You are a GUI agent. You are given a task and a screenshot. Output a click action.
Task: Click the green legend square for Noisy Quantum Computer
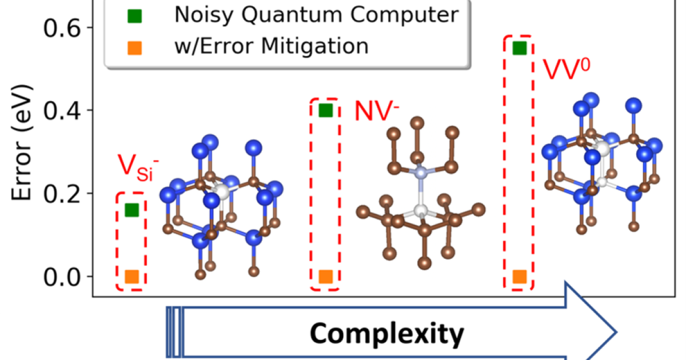coord(137,15)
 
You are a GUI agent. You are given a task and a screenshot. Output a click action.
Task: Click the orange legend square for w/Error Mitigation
coord(137,46)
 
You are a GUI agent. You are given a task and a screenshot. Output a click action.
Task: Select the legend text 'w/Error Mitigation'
coord(272,46)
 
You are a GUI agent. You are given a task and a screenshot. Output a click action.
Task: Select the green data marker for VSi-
coord(131,210)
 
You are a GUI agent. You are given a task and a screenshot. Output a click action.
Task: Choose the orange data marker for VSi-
coord(131,277)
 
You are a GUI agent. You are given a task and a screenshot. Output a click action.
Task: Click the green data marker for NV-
coord(325,110)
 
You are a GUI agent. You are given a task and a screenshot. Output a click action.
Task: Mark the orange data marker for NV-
coord(325,277)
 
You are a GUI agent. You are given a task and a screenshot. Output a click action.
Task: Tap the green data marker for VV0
coord(519,48)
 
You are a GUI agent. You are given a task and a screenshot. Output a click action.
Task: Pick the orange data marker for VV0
coord(519,277)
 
